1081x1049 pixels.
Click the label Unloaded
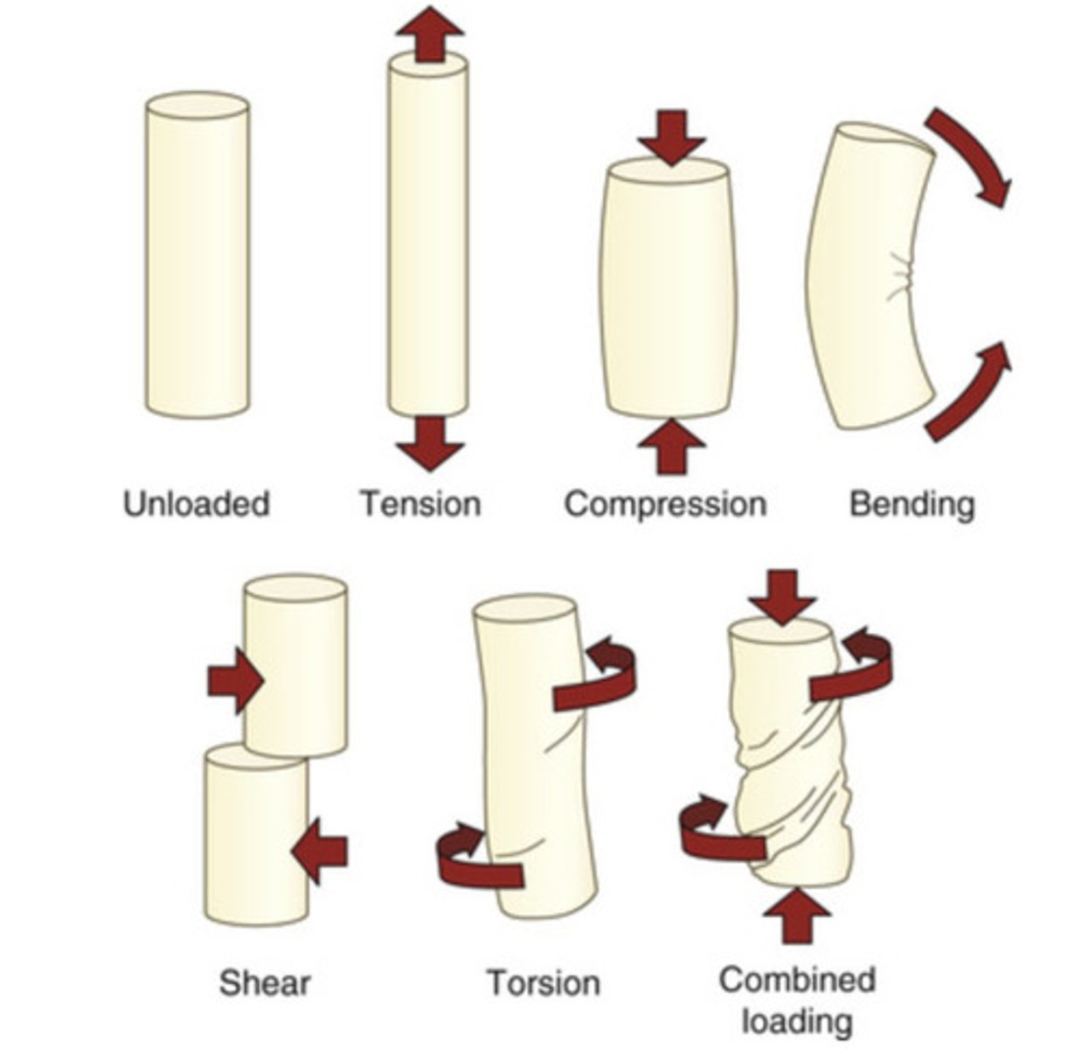click(x=197, y=504)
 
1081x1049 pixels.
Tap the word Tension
click(x=421, y=504)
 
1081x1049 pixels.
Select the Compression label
click(x=665, y=504)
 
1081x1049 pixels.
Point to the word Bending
click(x=911, y=504)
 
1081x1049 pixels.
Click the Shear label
click(x=265, y=983)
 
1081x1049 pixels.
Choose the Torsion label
click(x=544, y=983)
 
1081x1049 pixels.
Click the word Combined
click(x=797, y=979)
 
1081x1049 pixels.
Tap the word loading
click(x=797, y=1019)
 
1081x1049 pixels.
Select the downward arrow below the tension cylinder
click(x=429, y=442)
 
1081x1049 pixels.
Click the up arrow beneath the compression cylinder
click(x=671, y=447)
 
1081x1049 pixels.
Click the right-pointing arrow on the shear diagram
click(x=235, y=680)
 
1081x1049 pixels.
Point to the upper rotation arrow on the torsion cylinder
click(x=598, y=678)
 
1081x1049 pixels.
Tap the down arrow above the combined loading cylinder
click(x=782, y=595)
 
